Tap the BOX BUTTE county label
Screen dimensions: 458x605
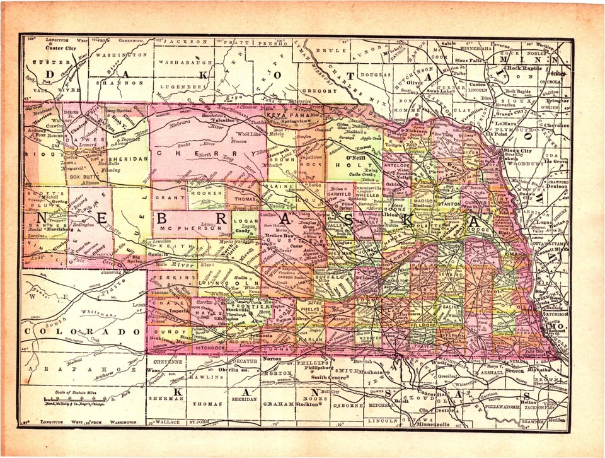click(84, 178)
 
